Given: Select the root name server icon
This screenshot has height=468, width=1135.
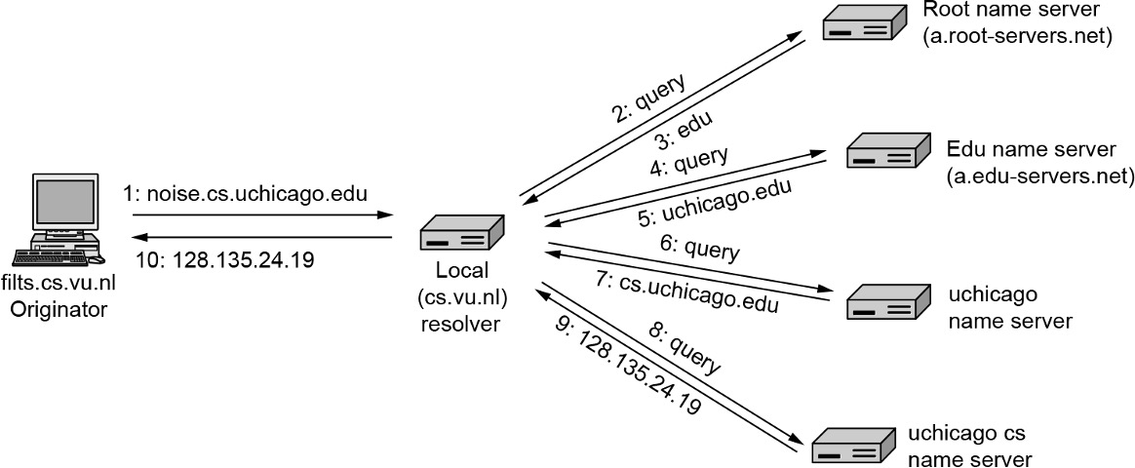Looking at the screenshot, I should [x=861, y=24].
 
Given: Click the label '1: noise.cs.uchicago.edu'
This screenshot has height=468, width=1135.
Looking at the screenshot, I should [x=246, y=194].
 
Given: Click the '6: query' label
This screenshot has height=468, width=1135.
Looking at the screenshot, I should [x=699, y=251].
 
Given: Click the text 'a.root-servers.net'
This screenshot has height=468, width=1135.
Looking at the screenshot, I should [x=1017, y=38].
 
